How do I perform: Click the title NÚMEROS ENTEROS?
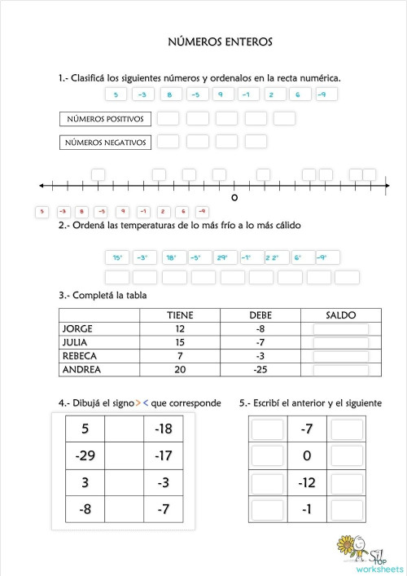click(220, 41)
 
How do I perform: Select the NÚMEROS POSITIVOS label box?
click(106, 119)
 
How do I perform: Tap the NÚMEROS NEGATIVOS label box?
click(106, 143)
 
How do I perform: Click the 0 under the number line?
click(234, 198)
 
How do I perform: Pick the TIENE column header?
click(180, 315)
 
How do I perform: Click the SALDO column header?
click(340, 315)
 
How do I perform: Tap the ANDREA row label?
click(81, 369)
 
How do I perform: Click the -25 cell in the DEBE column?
click(260, 369)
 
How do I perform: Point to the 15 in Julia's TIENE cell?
click(180, 342)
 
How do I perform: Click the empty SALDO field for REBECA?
click(340, 356)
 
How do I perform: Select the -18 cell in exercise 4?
click(164, 429)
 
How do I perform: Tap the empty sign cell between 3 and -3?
click(125, 482)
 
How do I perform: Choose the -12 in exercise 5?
click(307, 483)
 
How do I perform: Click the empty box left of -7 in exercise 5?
click(267, 429)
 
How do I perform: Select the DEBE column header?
click(260, 315)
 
